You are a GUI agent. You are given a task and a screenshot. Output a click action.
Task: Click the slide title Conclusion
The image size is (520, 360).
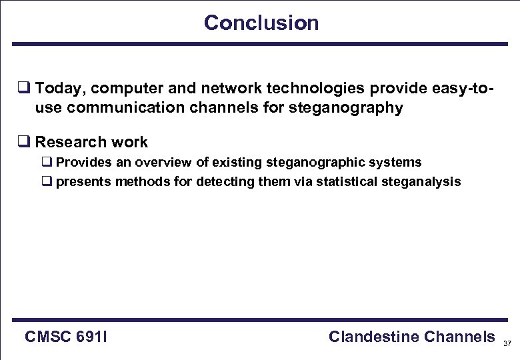click(261, 23)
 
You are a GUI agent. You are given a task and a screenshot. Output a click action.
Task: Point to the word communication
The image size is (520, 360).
click(132, 108)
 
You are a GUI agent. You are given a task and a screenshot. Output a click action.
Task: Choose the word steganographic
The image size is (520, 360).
click(315, 162)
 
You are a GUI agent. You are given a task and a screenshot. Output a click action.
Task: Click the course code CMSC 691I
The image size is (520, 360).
click(66, 337)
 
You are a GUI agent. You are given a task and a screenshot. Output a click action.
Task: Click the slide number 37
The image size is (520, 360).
click(507, 343)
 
